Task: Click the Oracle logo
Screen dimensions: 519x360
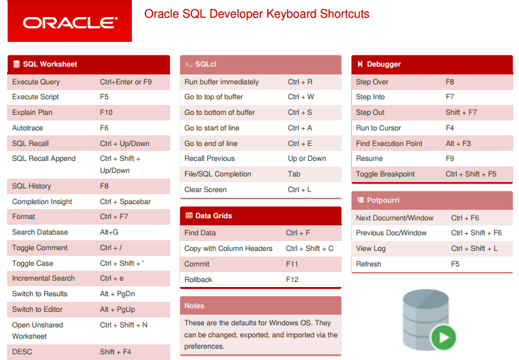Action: [x=69, y=21]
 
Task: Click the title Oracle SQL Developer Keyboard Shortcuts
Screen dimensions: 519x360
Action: [x=257, y=14]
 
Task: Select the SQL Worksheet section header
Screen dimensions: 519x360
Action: [x=89, y=64]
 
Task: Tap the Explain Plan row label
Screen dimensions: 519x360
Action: [x=32, y=113]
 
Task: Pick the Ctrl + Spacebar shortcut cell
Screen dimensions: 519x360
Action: [x=125, y=201]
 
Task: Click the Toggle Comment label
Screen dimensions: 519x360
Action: [x=40, y=248]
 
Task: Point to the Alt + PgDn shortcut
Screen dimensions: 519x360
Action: [x=118, y=294]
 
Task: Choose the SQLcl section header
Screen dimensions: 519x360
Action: [x=260, y=64]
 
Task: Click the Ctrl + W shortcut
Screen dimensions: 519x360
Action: [x=301, y=97]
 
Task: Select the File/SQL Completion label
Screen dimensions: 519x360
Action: [x=218, y=174]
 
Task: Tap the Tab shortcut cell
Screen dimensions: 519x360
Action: [x=294, y=174]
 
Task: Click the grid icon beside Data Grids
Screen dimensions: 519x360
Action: [x=189, y=215]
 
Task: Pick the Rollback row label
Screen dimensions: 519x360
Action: [x=199, y=280]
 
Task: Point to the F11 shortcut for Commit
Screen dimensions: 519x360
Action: [x=292, y=264]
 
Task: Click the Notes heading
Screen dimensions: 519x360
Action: [x=194, y=305]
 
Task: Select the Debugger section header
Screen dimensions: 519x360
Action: [x=432, y=64]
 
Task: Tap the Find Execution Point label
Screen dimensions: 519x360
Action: [x=389, y=144]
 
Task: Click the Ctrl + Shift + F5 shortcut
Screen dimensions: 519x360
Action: [x=471, y=174]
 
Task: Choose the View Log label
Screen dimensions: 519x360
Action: [x=371, y=249]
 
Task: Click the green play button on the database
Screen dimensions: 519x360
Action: [x=444, y=337]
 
